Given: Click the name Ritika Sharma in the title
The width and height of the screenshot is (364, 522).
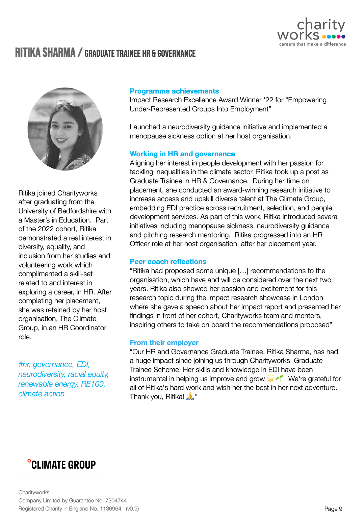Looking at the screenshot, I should coord(45,53).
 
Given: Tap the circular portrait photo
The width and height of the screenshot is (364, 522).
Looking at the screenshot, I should coord(65,129).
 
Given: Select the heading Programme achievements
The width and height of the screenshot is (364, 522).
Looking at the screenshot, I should coord(174,91).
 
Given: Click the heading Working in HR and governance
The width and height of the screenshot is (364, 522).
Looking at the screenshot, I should coord(182,154).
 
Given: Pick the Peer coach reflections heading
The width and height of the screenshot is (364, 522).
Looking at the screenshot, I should coord(168,262).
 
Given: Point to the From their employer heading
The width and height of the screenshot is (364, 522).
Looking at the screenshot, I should coord(164,343).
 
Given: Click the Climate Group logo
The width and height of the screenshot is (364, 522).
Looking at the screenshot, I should coord(62,465).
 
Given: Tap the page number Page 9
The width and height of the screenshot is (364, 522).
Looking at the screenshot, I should coord(333,509).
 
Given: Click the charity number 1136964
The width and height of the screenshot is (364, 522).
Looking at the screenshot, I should coord(110,509).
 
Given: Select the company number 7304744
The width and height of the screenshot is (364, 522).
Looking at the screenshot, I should coord(116,500).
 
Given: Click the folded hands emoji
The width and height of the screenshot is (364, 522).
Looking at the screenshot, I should coord(190,396).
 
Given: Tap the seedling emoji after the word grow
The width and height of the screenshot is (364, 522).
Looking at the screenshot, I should coord(280,379).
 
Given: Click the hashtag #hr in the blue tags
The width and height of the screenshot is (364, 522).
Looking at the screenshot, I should coord(24,365).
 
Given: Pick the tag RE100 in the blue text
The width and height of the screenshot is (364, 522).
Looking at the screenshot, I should coord(93,384).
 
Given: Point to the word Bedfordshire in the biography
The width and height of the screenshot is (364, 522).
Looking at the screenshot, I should coord(84,211).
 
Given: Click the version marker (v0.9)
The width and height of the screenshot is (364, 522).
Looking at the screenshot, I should coord(132,509).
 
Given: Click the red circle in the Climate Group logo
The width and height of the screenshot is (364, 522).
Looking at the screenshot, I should coord(29,461).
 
